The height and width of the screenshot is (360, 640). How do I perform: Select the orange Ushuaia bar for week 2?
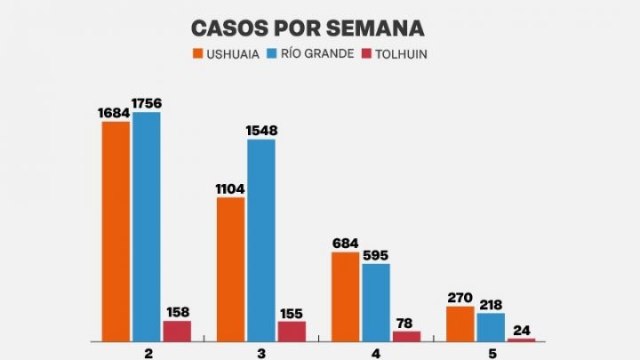coord(116,231)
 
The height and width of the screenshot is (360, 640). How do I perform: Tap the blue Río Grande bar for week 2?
coord(147,227)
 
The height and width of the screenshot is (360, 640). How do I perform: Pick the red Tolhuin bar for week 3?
coord(292,331)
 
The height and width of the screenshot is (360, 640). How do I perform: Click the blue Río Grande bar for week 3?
coord(260,240)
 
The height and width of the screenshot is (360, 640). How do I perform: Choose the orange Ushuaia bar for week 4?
coord(346,296)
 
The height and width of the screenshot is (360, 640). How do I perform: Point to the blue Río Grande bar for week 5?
coord(490,326)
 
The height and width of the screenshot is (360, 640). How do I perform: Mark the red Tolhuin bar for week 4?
coord(406,336)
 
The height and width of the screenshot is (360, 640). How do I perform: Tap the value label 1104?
coord(230,188)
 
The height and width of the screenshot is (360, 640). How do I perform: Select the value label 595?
coord(375,255)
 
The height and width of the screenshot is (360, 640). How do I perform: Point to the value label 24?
coord(521,330)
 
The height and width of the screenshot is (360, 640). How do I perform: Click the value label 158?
coord(177,312)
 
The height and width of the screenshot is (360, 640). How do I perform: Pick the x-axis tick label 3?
coord(260,352)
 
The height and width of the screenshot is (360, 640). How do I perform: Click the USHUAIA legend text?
coord(233,54)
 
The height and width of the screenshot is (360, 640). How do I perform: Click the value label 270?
coord(460,298)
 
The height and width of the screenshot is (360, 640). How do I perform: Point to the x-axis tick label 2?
coord(147,352)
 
